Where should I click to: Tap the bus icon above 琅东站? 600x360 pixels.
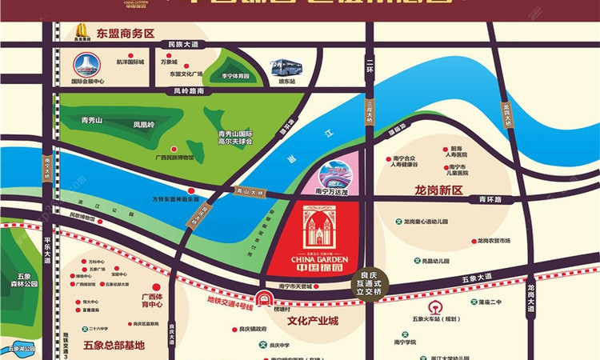click(286, 68)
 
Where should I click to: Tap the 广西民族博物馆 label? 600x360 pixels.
click(174, 158)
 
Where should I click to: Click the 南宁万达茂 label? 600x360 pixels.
click(327, 192)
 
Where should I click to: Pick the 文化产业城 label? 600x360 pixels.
click(312, 322)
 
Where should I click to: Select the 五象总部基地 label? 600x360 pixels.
click(114, 345)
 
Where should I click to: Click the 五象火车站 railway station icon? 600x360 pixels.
click(435, 308)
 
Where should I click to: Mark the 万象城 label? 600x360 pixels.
click(168, 61)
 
